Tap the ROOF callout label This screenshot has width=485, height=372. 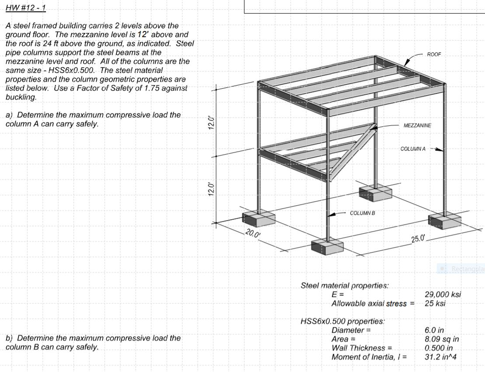point(434,54)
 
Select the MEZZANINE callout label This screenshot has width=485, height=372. point(417,125)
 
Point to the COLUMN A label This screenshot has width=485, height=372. point(413,149)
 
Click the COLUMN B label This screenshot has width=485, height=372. point(363,213)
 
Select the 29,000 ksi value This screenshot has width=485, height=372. point(443,294)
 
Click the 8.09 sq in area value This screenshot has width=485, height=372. point(442,339)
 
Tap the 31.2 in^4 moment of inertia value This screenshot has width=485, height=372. point(441,357)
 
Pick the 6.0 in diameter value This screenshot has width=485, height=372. point(436,331)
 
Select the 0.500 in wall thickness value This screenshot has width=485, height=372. point(439,348)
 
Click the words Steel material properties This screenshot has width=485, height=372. point(345,286)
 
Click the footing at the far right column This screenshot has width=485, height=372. point(445,220)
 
